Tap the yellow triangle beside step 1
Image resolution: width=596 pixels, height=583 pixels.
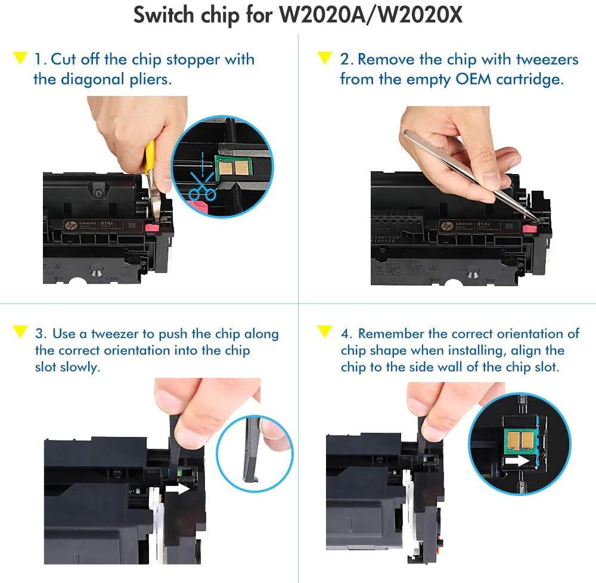click(20, 58)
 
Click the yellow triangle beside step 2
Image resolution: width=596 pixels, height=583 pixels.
click(325, 58)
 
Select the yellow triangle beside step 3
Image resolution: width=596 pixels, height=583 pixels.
click(20, 331)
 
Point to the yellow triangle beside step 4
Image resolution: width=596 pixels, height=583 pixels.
click(325, 331)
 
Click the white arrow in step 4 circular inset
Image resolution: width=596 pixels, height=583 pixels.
click(517, 460)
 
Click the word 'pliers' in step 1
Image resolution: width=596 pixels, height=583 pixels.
click(150, 79)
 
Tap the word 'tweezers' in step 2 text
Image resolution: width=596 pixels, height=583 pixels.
click(548, 60)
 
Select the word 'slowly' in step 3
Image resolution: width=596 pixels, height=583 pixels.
click(79, 367)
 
